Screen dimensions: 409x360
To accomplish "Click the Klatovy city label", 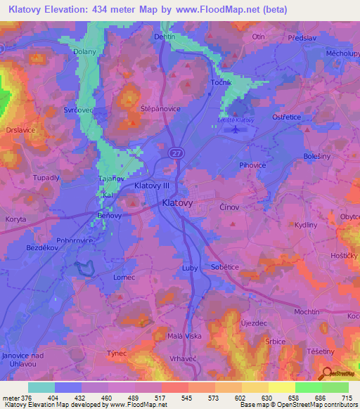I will point(177,202).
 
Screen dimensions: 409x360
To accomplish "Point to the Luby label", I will point(189,268).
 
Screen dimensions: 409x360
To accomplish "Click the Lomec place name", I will point(124,278).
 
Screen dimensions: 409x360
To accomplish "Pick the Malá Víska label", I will point(185,337).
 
